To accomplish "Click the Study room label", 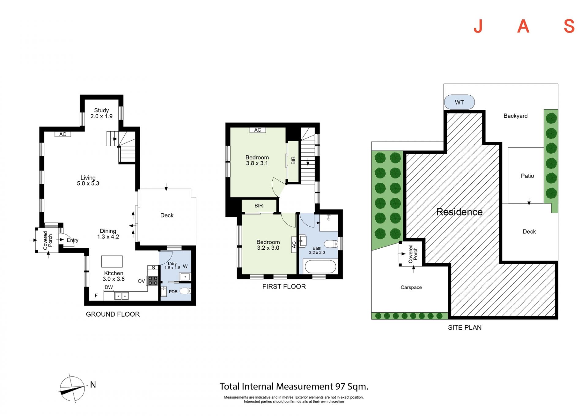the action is click(x=101, y=110).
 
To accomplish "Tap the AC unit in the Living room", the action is click(x=63, y=134).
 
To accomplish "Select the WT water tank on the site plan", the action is click(x=459, y=102).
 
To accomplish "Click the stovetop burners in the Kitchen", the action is click(x=153, y=281).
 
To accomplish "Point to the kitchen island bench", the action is click(x=112, y=261).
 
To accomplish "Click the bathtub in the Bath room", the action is click(x=320, y=267).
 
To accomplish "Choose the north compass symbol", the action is click(x=72, y=388).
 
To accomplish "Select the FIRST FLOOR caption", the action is click(x=284, y=287).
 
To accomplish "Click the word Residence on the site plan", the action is click(x=459, y=212).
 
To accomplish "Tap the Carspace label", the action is click(x=411, y=287).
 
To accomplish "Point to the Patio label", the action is click(x=527, y=176).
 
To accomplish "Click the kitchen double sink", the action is click(x=122, y=296).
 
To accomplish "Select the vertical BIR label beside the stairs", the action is click(x=293, y=160).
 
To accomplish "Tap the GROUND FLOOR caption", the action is click(x=113, y=314).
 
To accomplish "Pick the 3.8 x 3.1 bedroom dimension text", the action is click(x=257, y=163).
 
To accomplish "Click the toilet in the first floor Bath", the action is click(x=331, y=244).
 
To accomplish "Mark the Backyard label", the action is click(x=515, y=116).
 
